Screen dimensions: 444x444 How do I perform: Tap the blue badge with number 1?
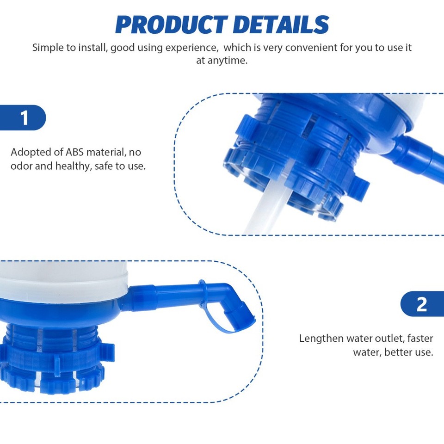(24, 118)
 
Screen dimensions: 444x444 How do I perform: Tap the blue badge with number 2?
(421, 304)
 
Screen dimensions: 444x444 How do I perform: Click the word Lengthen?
(321, 338)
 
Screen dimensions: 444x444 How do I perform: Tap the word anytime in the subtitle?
(222, 61)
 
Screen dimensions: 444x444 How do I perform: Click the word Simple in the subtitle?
(47, 47)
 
